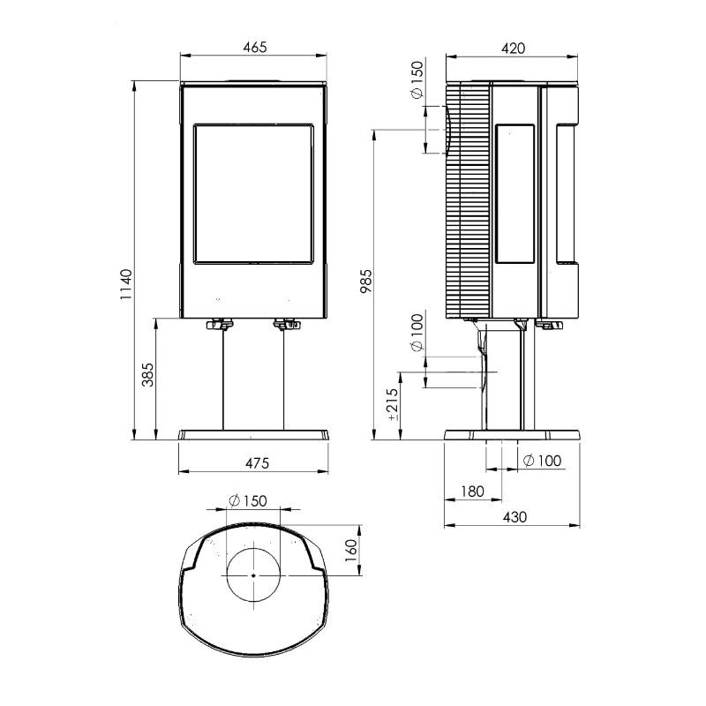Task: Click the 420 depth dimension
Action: click(x=512, y=49)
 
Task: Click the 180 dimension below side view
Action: click(x=471, y=492)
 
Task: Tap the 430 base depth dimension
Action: click(x=513, y=517)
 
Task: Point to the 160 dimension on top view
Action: click(x=350, y=550)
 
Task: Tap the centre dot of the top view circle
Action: click(x=253, y=575)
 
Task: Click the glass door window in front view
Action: click(x=253, y=193)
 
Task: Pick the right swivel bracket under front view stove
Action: click(x=286, y=325)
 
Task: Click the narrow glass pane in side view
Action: click(x=514, y=193)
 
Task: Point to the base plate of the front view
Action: click(x=254, y=435)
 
